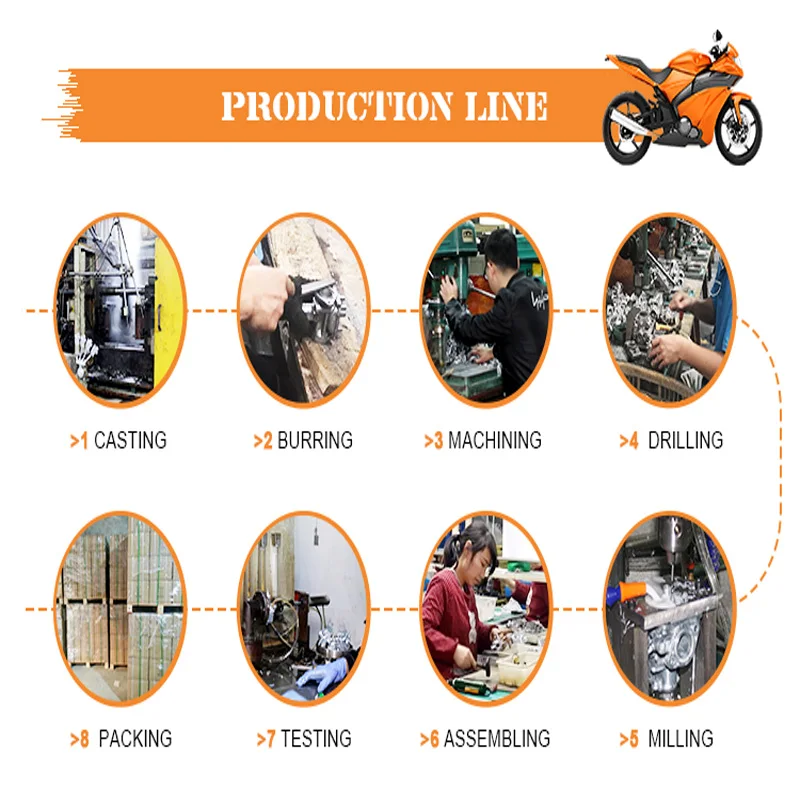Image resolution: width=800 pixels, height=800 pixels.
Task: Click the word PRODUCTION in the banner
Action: (x=338, y=106)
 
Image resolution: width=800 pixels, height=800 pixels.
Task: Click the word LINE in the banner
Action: (x=506, y=106)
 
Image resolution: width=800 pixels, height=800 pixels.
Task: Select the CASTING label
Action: (x=130, y=440)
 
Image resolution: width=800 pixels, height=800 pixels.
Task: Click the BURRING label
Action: (x=315, y=440)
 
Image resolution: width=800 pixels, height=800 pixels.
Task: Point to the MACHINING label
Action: (x=494, y=440)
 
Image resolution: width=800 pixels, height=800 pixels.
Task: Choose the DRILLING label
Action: (x=685, y=440)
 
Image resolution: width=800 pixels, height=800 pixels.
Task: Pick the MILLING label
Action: (x=680, y=738)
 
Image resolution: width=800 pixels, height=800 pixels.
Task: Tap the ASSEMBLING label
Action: (x=496, y=738)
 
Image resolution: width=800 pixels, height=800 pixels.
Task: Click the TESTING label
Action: (x=316, y=738)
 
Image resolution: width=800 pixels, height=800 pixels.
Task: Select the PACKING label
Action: (x=135, y=738)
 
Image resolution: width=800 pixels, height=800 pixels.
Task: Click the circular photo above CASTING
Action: (x=120, y=310)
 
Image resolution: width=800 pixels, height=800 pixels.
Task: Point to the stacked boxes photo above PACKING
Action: (x=120, y=608)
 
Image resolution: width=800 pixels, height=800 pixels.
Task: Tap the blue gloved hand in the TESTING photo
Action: (x=322, y=674)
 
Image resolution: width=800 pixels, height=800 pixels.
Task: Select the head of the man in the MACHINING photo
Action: (x=501, y=251)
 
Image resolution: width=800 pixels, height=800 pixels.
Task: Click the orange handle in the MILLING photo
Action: (x=632, y=592)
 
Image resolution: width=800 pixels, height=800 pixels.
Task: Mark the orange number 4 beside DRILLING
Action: (x=633, y=441)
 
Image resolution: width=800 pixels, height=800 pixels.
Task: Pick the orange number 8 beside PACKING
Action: (x=84, y=739)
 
